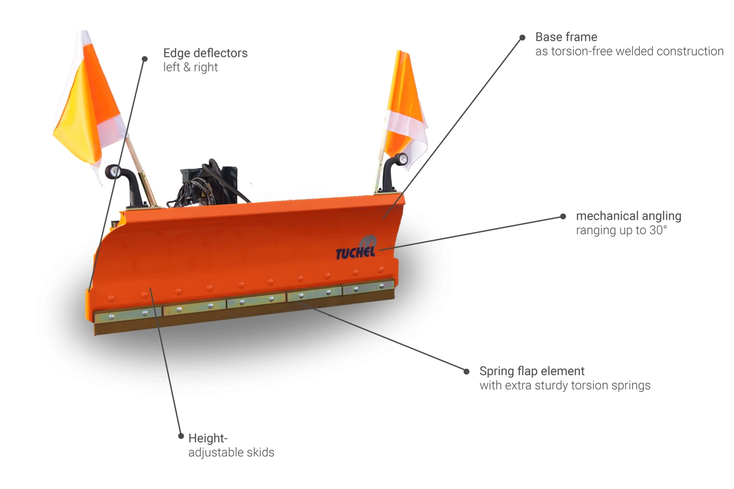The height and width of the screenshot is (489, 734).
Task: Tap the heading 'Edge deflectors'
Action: pos(205,53)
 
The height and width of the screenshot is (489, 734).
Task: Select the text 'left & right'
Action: pos(190,67)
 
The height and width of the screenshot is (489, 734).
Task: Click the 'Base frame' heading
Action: pos(566,37)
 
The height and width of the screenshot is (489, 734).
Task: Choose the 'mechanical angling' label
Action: pos(628,216)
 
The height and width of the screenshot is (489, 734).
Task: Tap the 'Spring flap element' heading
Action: pos(532,371)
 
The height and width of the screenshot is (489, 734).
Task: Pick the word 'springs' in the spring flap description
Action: pos(632,386)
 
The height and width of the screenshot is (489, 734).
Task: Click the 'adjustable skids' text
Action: pos(231,452)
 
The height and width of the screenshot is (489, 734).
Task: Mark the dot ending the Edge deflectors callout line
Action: pos(145,59)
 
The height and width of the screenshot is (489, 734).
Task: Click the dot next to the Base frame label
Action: pos(522,37)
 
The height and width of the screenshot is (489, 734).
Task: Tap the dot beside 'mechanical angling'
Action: pos(563,217)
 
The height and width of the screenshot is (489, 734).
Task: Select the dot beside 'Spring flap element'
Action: pos(466,371)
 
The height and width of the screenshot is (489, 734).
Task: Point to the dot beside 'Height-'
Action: pos(181,436)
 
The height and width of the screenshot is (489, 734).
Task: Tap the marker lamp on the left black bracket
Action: pos(114,171)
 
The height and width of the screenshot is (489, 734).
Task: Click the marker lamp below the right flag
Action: pos(402,159)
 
